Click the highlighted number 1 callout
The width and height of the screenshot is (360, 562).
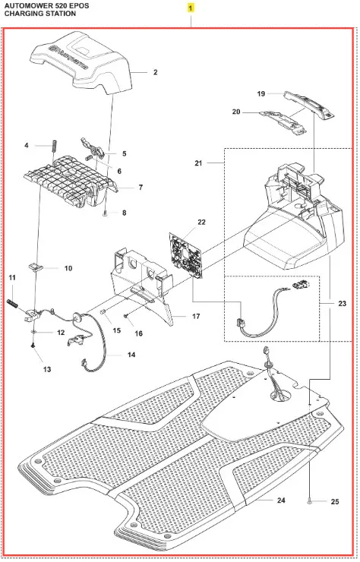(x=191, y=8)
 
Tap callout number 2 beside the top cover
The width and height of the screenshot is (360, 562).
(x=155, y=72)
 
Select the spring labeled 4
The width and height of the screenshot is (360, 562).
(x=54, y=146)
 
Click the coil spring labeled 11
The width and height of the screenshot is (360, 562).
(x=13, y=304)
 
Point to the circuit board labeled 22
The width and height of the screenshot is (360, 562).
(x=185, y=255)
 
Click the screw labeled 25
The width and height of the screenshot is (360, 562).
(x=308, y=503)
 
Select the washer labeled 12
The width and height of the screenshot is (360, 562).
(x=33, y=332)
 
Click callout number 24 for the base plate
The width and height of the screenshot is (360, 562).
(x=281, y=500)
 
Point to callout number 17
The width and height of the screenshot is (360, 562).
(x=196, y=317)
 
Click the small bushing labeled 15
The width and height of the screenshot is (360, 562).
(x=102, y=312)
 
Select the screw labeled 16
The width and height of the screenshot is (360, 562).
(x=127, y=315)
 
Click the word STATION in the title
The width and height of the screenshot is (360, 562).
(x=62, y=14)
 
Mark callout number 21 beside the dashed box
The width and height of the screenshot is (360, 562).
(x=198, y=163)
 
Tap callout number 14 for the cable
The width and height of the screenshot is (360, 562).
(x=131, y=355)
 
